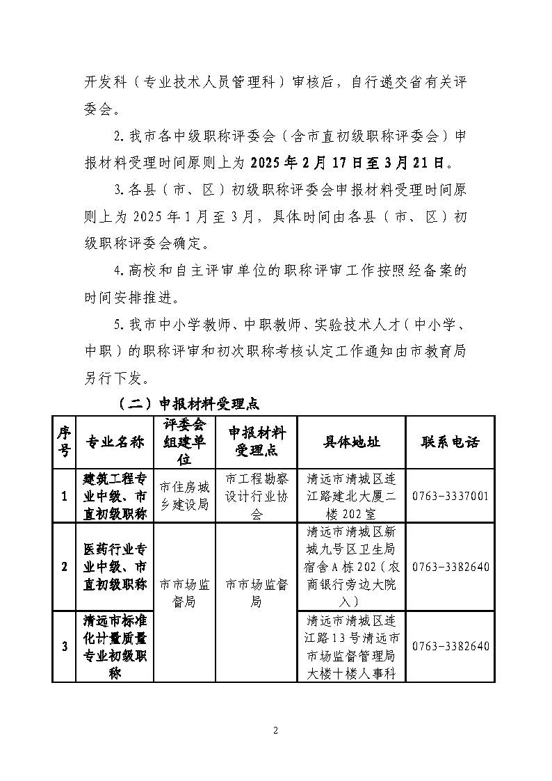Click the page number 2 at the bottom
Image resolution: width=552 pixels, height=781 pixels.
(275, 730)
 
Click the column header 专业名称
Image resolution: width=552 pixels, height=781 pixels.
(115, 442)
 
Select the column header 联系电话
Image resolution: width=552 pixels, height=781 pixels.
(450, 442)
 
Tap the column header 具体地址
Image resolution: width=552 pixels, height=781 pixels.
(351, 442)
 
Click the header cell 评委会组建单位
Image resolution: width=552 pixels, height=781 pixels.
(184, 442)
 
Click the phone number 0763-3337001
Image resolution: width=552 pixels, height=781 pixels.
(450, 497)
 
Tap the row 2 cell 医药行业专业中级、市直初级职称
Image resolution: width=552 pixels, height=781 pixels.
(115, 567)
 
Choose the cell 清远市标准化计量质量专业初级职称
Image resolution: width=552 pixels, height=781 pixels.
(115, 646)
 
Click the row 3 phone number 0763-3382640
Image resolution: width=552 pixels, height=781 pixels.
(450, 646)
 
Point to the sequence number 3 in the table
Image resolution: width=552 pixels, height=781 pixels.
(64, 646)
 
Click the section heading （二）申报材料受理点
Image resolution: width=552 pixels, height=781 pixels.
(188, 403)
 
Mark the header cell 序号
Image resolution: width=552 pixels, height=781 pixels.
(64, 442)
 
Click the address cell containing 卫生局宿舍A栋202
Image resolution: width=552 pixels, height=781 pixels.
(351, 567)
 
